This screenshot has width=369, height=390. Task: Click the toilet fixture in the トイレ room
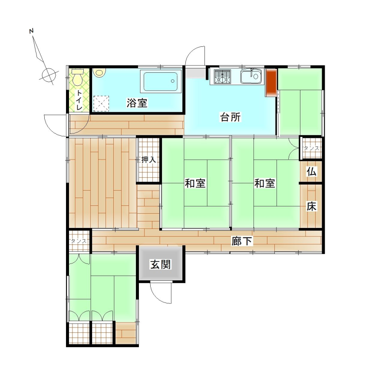click(77, 77)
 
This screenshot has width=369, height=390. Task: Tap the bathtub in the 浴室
click(161, 81)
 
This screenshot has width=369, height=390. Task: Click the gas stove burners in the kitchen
click(222, 76)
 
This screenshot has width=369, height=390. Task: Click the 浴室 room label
click(137, 103)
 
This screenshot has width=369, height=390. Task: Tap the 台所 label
click(231, 117)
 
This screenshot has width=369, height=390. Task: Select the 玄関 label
click(161, 264)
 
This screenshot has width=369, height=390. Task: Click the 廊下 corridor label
click(242, 241)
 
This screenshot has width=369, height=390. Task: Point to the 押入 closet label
click(148, 159)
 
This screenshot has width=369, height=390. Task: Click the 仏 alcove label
click(311, 171)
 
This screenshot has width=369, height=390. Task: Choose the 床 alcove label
click(311, 206)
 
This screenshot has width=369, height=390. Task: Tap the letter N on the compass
click(31, 31)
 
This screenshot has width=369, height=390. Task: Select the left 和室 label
click(195, 183)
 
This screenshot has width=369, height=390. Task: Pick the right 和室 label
click(265, 183)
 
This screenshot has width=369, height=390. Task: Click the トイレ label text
click(79, 100)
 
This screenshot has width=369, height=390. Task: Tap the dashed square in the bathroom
click(101, 104)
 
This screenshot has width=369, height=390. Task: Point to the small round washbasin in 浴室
click(99, 73)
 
